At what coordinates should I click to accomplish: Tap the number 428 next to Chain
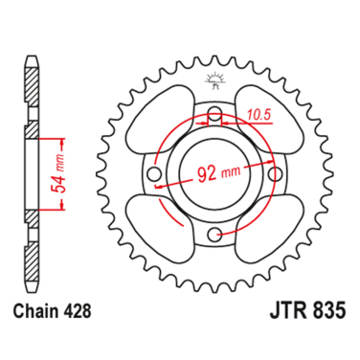[79, 311]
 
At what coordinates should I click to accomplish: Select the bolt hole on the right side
[274, 175]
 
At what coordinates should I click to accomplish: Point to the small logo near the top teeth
[214, 78]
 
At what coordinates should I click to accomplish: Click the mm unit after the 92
[229, 176]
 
